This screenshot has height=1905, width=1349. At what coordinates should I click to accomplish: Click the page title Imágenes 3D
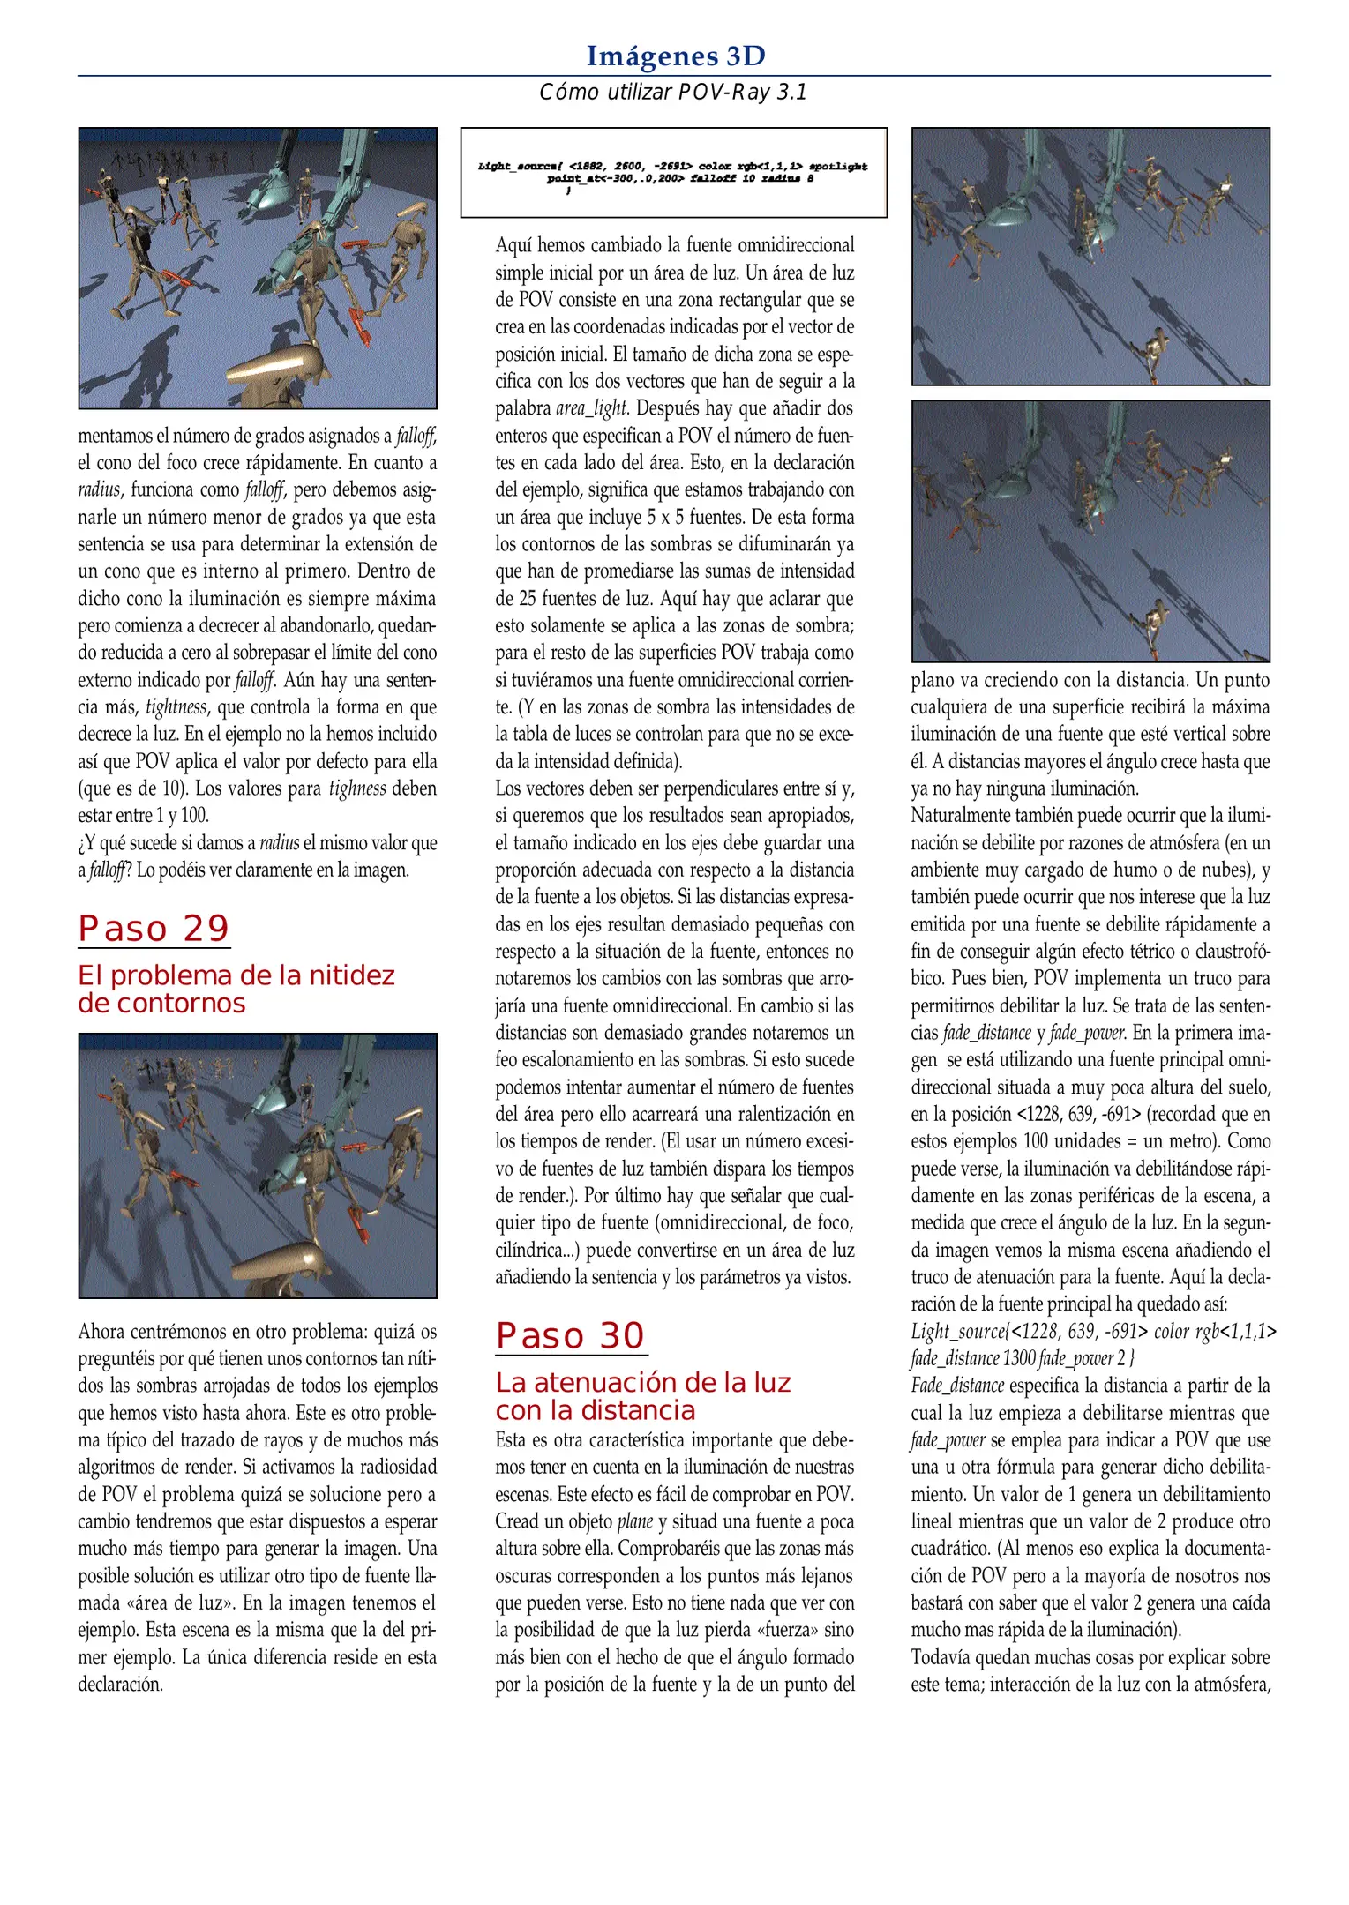[x=675, y=56]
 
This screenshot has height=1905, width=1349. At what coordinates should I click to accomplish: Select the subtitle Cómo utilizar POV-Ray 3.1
[x=673, y=93]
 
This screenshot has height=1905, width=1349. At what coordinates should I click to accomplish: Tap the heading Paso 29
[x=154, y=929]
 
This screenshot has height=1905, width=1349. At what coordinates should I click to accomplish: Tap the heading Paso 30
[x=570, y=1336]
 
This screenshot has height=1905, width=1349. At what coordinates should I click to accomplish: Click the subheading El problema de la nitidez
[x=236, y=975]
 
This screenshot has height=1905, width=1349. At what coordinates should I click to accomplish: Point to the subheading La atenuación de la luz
[x=642, y=1383]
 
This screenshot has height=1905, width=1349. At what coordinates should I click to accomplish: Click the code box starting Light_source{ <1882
[x=673, y=173]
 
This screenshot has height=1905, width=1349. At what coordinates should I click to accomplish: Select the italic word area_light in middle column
[x=591, y=408]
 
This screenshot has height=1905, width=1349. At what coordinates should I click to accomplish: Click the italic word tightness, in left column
[x=176, y=707]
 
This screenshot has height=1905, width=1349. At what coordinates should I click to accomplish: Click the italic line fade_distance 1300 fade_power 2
[x=1022, y=1359]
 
